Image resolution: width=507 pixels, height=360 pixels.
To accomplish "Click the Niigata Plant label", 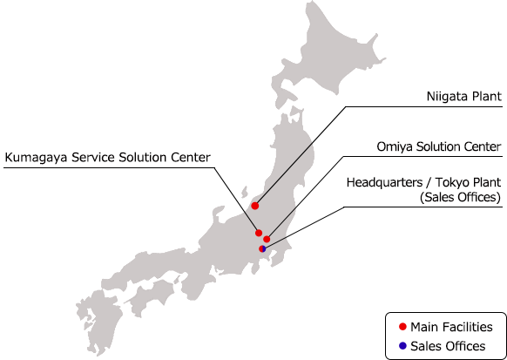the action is point(464,97).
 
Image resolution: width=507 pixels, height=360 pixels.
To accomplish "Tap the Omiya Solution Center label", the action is point(439,146).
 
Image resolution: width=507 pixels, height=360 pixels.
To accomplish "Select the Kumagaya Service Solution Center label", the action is point(108,158).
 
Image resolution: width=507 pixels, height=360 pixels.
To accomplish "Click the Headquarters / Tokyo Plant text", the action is point(423,182).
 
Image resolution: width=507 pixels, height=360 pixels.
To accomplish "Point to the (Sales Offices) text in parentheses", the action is point(460,197).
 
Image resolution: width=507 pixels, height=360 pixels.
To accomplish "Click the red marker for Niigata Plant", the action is point(255,206).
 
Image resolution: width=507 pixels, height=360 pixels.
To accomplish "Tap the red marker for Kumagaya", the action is point(259,233).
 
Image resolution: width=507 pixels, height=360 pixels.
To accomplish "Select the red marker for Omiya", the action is point(267,239).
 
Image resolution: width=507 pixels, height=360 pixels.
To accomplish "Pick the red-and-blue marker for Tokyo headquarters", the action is point(262,248).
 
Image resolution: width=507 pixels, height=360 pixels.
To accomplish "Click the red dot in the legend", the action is point(402,327).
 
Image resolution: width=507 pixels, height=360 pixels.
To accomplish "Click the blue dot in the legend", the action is point(402,346).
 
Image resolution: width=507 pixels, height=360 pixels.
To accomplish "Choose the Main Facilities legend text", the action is point(451,327).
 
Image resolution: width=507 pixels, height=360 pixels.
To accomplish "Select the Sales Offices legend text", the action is point(448,346).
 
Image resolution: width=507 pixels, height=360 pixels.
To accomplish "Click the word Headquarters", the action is point(384,183).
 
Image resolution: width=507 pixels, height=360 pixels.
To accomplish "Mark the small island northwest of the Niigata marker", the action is point(245,191).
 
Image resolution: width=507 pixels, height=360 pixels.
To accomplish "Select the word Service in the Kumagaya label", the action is point(93,158).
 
